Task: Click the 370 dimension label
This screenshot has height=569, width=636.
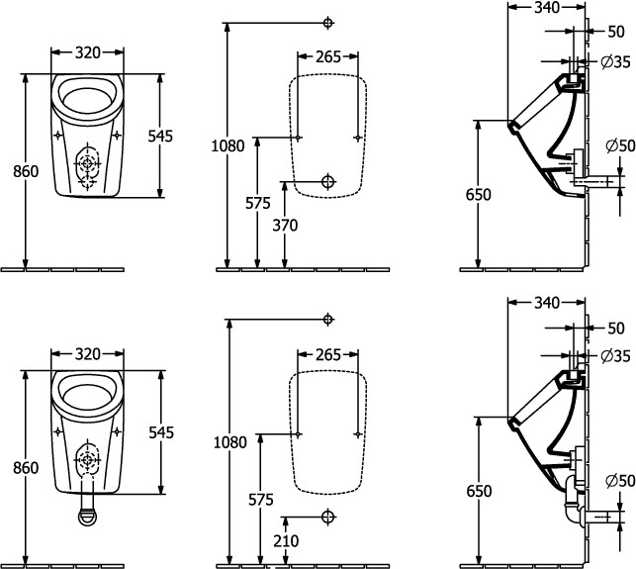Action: click(x=285, y=226)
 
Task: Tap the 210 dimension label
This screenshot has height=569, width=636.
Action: click(x=285, y=541)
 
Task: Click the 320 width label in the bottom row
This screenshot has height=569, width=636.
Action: click(x=89, y=353)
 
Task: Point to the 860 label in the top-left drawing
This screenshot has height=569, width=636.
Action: click(x=27, y=171)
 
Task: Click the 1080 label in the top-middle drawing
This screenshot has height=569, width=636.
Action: click(x=227, y=146)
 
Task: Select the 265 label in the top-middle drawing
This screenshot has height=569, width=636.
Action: click(x=328, y=56)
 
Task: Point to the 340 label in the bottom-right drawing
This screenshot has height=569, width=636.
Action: click(x=547, y=302)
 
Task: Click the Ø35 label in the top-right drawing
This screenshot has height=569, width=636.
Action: click(x=615, y=62)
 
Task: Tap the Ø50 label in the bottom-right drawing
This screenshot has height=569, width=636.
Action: click(x=618, y=481)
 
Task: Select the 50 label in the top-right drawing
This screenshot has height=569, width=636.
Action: click(x=616, y=32)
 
